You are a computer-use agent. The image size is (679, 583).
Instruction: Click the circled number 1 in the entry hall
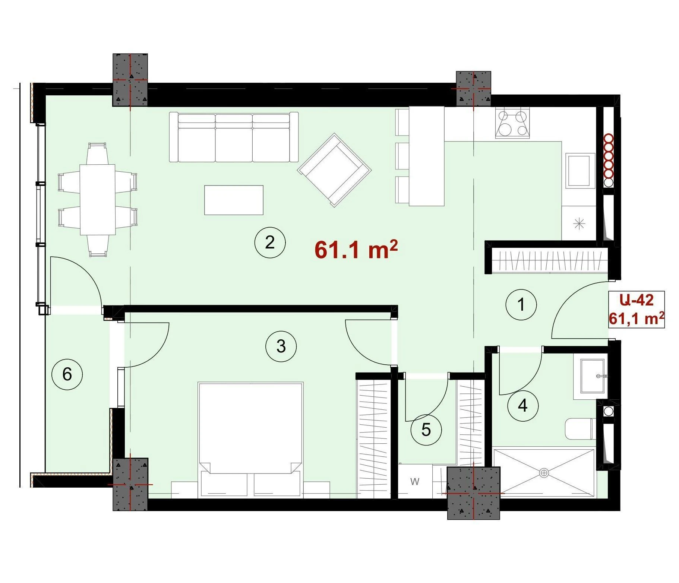(521, 304)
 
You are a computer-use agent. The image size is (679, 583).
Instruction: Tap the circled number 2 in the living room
(270, 243)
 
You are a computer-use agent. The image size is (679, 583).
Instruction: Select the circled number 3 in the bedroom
(281, 346)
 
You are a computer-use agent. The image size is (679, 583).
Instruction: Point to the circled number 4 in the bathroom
(523, 406)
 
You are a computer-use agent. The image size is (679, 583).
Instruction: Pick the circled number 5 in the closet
(426, 430)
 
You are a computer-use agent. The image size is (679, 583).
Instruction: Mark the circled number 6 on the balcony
(67, 374)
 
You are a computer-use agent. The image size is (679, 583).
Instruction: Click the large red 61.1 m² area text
(356, 249)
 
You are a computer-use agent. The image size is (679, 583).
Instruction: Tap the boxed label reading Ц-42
(637, 300)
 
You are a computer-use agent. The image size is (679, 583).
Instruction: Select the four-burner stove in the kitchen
(512, 123)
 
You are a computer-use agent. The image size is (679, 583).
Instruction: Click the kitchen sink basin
(580, 171)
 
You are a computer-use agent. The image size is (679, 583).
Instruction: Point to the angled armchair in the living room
(334, 170)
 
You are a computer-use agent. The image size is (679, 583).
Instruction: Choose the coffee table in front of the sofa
(234, 200)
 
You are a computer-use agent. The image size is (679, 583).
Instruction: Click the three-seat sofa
(234, 137)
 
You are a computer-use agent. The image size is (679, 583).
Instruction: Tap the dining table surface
(98, 200)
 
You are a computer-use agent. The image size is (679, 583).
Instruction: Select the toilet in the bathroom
(580, 429)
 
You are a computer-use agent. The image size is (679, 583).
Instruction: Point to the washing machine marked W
(415, 481)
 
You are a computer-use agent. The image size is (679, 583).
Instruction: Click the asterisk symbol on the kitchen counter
(579, 224)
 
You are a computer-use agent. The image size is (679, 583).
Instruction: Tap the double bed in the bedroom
(250, 440)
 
